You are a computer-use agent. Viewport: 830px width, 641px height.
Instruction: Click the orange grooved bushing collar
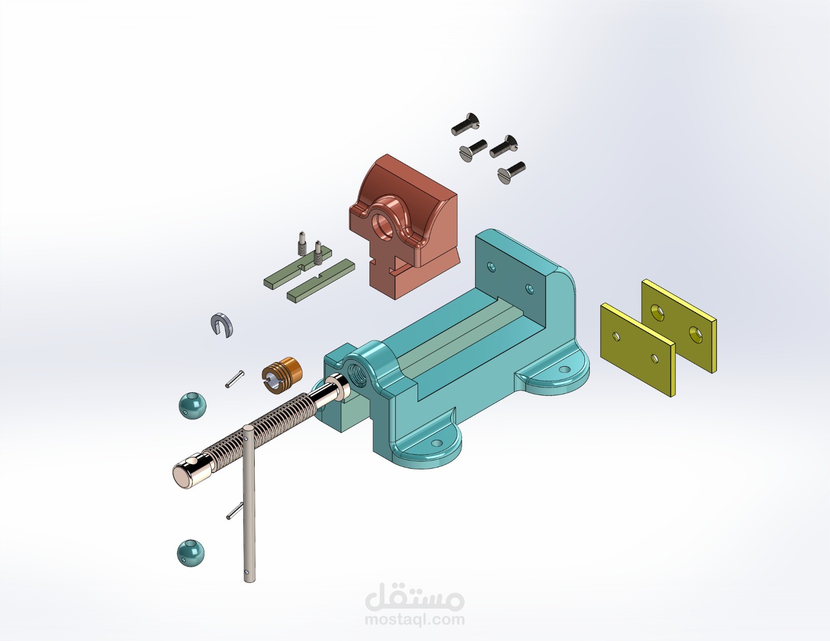[282, 375]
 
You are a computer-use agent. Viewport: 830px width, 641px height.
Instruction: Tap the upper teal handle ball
[192, 406]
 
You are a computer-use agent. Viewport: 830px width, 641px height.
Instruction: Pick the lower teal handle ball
[190, 553]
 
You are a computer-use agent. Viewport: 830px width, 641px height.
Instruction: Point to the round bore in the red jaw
[382, 227]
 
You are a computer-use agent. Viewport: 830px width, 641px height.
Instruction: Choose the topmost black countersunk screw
[465, 124]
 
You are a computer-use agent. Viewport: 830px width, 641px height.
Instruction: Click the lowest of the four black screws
[511, 173]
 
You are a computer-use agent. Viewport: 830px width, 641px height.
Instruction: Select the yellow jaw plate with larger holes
[679, 325]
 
